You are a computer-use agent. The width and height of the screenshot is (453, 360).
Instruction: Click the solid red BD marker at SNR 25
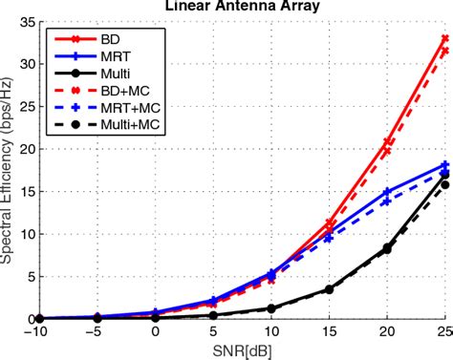coord(444,39)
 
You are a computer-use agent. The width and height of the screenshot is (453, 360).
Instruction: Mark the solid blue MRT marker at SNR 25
coord(444,165)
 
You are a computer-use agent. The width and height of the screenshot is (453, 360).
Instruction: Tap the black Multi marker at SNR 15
coord(330,289)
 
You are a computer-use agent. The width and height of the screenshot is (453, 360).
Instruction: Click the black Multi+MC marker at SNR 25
coord(444,184)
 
